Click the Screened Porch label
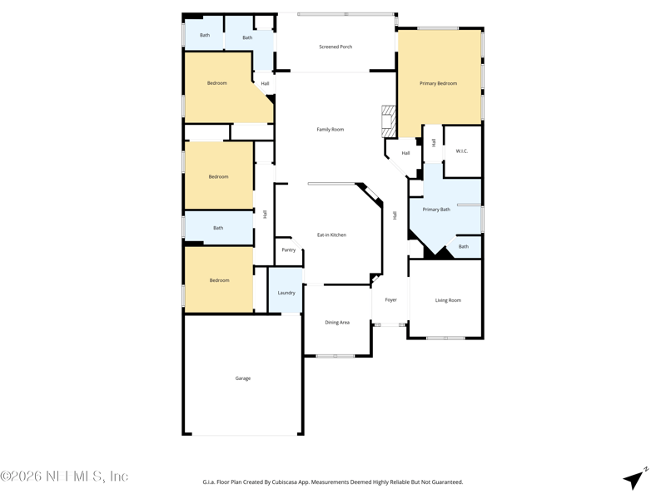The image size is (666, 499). (x=335, y=47)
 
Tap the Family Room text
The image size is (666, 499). (x=330, y=130)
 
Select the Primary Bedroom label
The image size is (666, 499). (x=438, y=83)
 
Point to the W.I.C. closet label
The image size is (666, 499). (x=462, y=151)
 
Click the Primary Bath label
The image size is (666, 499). (x=436, y=210)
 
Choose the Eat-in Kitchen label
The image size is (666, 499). (x=331, y=235)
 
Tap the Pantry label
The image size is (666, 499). (x=288, y=250)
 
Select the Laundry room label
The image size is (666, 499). (x=286, y=293)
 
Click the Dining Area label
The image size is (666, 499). (x=337, y=323)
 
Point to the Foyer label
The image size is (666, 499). (x=390, y=300)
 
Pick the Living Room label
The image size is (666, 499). (x=448, y=300)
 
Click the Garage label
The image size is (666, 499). (x=242, y=378)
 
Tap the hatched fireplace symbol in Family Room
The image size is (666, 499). (x=388, y=121)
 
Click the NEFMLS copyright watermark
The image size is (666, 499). (x=64, y=477)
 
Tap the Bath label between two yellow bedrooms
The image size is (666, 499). (x=218, y=228)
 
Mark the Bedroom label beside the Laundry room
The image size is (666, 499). (x=219, y=280)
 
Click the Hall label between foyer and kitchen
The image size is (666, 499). (x=395, y=215)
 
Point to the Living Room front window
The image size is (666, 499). (x=445, y=338)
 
